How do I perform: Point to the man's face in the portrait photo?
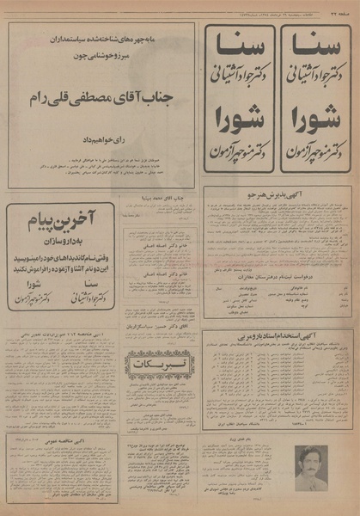[309, 461]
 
